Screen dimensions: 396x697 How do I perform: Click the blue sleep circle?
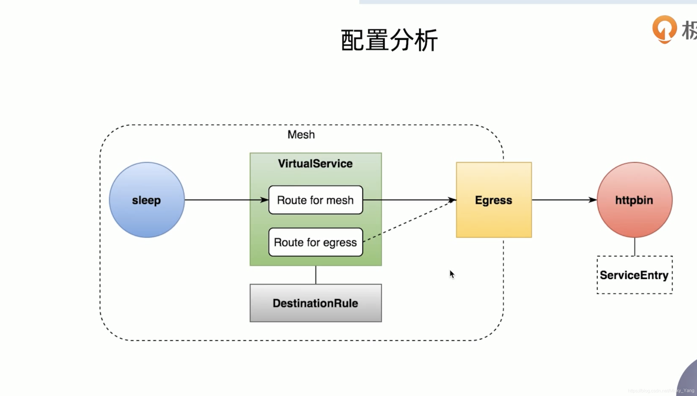pyautogui.click(x=147, y=200)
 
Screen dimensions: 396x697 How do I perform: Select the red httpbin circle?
pyautogui.click(x=634, y=200)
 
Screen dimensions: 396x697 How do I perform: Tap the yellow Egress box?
pyautogui.click(x=494, y=200)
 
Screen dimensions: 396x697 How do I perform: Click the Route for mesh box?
pyautogui.click(x=316, y=200)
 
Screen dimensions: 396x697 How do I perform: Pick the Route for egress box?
pyautogui.click(x=316, y=242)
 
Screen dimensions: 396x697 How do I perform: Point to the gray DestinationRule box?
pyautogui.click(x=316, y=303)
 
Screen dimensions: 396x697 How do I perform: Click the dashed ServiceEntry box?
pyautogui.click(x=634, y=275)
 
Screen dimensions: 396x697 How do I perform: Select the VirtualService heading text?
pyautogui.click(x=315, y=164)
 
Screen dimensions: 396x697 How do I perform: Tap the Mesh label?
pyautogui.click(x=301, y=134)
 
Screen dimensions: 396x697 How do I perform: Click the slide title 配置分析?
pyautogui.click(x=389, y=40)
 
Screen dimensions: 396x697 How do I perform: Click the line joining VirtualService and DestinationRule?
pyautogui.click(x=316, y=275)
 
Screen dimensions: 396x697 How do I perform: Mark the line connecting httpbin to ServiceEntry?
pyautogui.click(x=635, y=247)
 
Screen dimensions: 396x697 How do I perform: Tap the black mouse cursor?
pyautogui.click(x=452, y=274)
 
